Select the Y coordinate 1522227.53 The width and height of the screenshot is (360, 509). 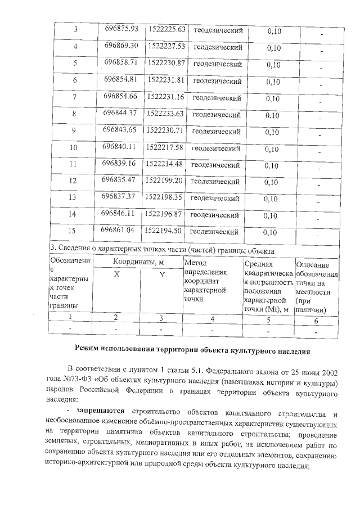click(165, 46)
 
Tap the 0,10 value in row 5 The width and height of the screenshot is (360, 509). click(273, 64)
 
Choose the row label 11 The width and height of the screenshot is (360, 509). click(73, 165)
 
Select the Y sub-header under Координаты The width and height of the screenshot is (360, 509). click(161, 274)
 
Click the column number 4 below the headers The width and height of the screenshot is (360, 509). click(212, 319)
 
